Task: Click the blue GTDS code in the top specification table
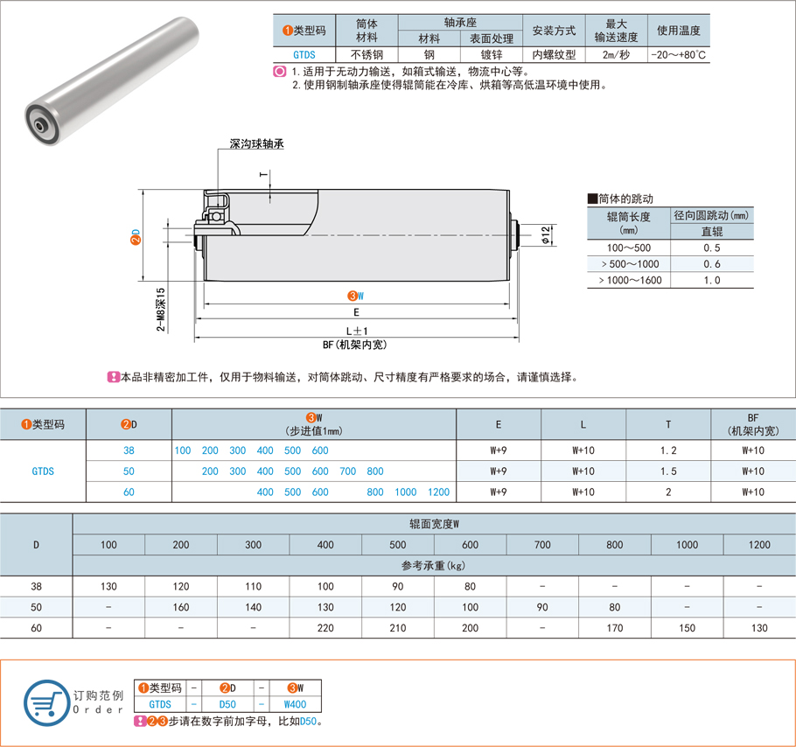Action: (304, 55)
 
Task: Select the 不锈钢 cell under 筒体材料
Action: (367, 55)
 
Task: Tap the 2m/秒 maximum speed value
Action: (617, 55)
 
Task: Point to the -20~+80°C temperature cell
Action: (678, 55)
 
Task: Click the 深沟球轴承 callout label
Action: (257, 144)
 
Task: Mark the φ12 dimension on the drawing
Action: (546, 235)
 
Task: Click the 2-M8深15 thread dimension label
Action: (161, 310)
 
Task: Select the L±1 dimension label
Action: (356, 331)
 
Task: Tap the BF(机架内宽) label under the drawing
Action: (355, 346)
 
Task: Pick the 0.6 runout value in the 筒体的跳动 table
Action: (712, 264)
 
